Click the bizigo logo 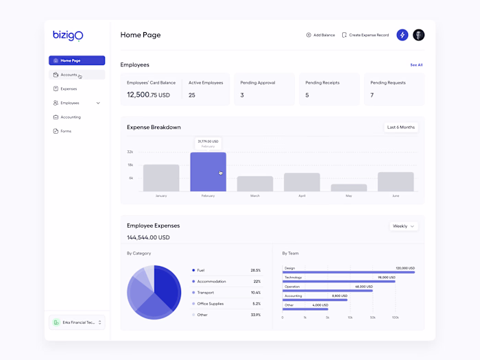pyautogui.click(x=68, y=35)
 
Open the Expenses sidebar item pyautogui.click(x=69, y=88)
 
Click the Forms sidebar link pyautogui.click(x=66, y=131)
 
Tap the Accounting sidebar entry pyautogui.click(x=70, y=117)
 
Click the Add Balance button pyautogui.click(x=320, y=35)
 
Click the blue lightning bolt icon pyautogui.click(x=403, y=35)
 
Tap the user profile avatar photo pyautogui.click(x=418, y=35)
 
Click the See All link pyautogui.click(x=416, y=65)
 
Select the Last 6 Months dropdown pyautogui.click(x=401, y=127)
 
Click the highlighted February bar pyautogui.click(x=208, y=172)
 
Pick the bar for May pyautogui.click(x=349, y=187)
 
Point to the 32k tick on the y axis pyautogui.click(x=130, y=152)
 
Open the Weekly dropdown pyautogui.click(x=403, y=226)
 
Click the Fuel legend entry pyautogui.click(x=201, y=270)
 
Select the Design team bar pyautogui.click(x=348, y=272)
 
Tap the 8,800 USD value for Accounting pyautogui.click(x=339, y=296)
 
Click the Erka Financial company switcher pyautogui.click(x=77, y=322)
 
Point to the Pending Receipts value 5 pyautogui.click(x=307, y=95)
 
